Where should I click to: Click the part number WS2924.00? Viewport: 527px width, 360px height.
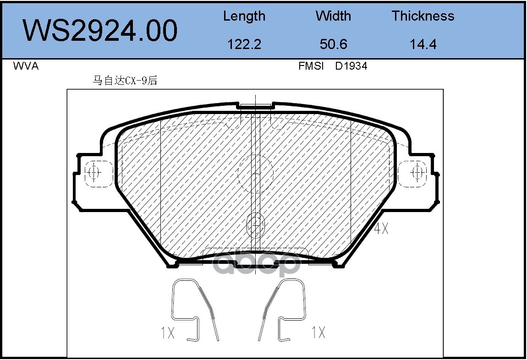coord(100,30)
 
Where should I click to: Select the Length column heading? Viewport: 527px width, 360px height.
coord(244,16)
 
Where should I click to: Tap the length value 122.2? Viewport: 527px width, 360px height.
coord(244,44)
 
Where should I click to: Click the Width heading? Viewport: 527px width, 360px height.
coord(333,16)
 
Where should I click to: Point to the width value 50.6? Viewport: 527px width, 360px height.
coord(334,44)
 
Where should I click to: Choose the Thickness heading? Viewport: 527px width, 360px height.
coord(423,16)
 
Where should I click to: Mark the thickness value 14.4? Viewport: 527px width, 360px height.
coord(423,44)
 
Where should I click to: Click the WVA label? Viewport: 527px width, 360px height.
coord(26,66)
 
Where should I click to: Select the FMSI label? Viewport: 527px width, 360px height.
coord(311,66)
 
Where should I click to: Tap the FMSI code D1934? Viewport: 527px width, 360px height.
coord(351,66)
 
